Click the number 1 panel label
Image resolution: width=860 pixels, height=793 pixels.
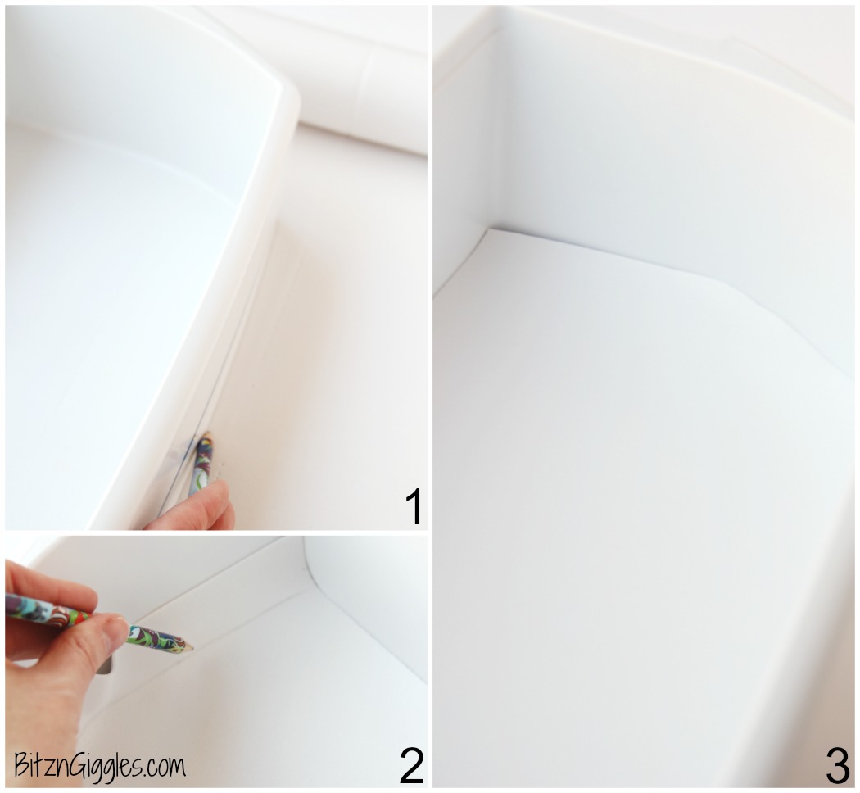point(414,506)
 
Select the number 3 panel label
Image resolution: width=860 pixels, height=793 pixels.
point(837,765)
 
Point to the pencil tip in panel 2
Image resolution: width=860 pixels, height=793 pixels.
point(190,648)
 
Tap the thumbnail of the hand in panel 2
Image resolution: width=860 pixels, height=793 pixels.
point(115,628)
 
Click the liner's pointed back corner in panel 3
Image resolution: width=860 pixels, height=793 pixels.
point(489,232)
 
